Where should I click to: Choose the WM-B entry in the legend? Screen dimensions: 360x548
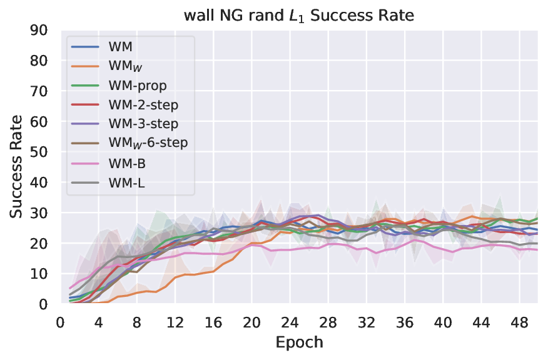coord(127,162)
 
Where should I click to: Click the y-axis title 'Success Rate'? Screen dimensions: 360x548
coord(16,167)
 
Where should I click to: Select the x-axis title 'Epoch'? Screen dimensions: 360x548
coord(299,342)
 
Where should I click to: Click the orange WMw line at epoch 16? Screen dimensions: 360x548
coord(213,271)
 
